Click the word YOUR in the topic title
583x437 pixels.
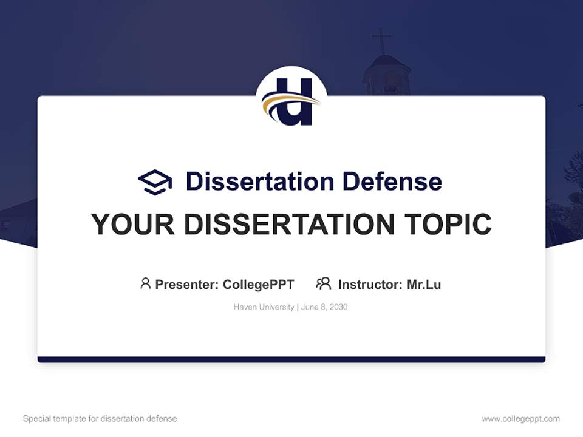pyautogui.click(x=133, y=224)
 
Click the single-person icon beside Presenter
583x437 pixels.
pyautogui.click(x=145, y=283)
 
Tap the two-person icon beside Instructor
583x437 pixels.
pyautogui.click(x=323, y=283)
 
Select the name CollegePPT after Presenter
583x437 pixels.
pyautogui.click(x=259, y=284)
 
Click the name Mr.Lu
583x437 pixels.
pyautogui.click(x=424, y=284)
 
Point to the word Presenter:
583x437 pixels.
pyautogui.click(x=187, y=284)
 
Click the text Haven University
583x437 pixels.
pyautogui.click(x=264, y=307)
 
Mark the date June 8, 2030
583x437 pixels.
pyautogui.click(x=324, y=307)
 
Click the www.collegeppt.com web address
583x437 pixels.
pyautogui.click(x=520, y=419)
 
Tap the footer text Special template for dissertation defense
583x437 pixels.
pyautogui.click(x=100, y=419)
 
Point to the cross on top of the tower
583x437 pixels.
pyautogui.click(x=381, y=40)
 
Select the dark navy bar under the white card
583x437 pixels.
pyautogui.click(x=291, y=359)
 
